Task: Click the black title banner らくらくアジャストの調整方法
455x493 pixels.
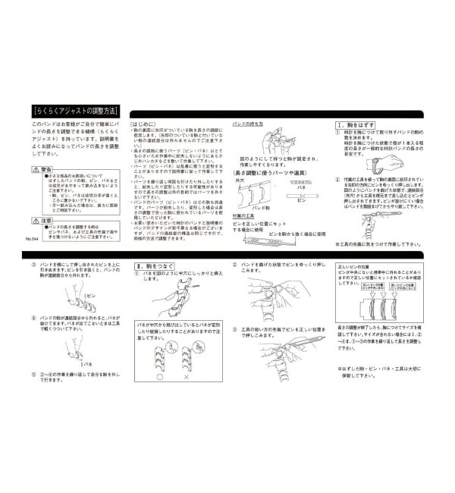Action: [72, 108]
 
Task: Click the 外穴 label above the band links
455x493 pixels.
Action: [240, 181]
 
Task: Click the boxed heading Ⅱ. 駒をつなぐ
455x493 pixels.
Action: [155, 266]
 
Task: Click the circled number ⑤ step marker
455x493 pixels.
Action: [34, 373]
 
